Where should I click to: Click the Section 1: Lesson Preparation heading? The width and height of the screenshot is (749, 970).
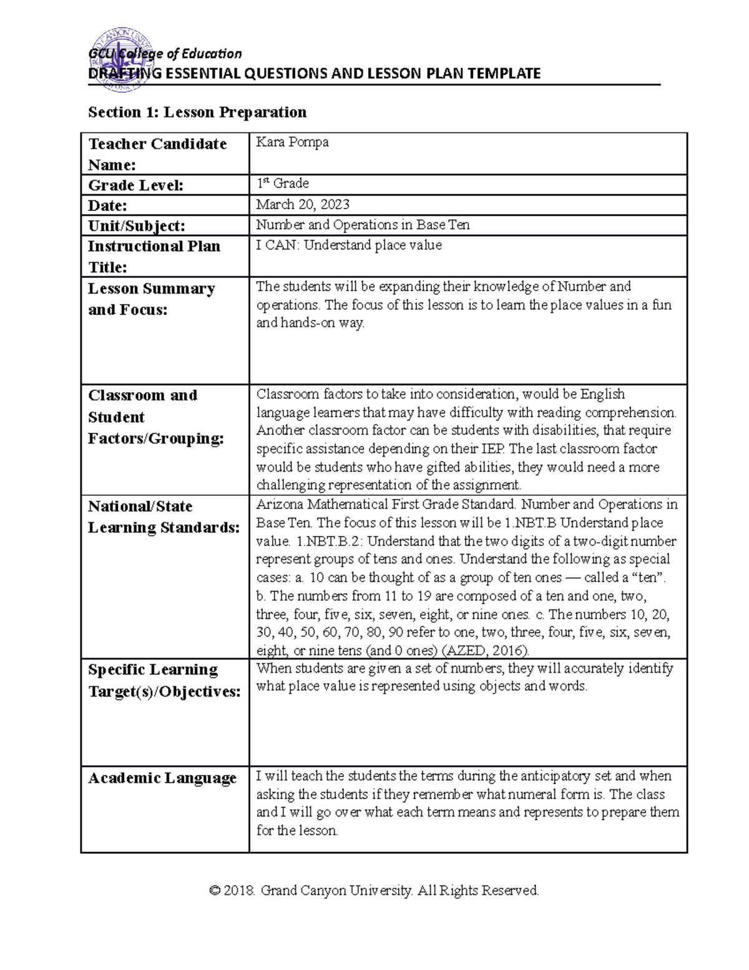(197, 112)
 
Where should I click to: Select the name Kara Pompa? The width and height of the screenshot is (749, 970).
(292, 142)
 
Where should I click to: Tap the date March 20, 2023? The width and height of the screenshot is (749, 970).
(303, 204)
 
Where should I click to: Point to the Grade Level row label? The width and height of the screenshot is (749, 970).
(135, 185)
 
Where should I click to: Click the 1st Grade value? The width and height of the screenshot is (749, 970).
(283, 184)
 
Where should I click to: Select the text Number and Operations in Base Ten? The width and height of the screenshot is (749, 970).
(363, 225)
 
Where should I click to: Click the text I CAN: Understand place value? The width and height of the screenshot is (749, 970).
(349, 245)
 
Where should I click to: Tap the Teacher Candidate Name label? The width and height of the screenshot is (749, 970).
(157, 154)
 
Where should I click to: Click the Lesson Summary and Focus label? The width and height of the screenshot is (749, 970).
(151, 299)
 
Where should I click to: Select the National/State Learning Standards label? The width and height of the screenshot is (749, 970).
(164, 517)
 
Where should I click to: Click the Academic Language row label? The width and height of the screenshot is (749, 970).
(162, 778)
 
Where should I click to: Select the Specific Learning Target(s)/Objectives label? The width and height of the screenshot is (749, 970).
(164, 681)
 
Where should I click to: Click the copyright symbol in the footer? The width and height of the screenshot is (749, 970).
(215, 891)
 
